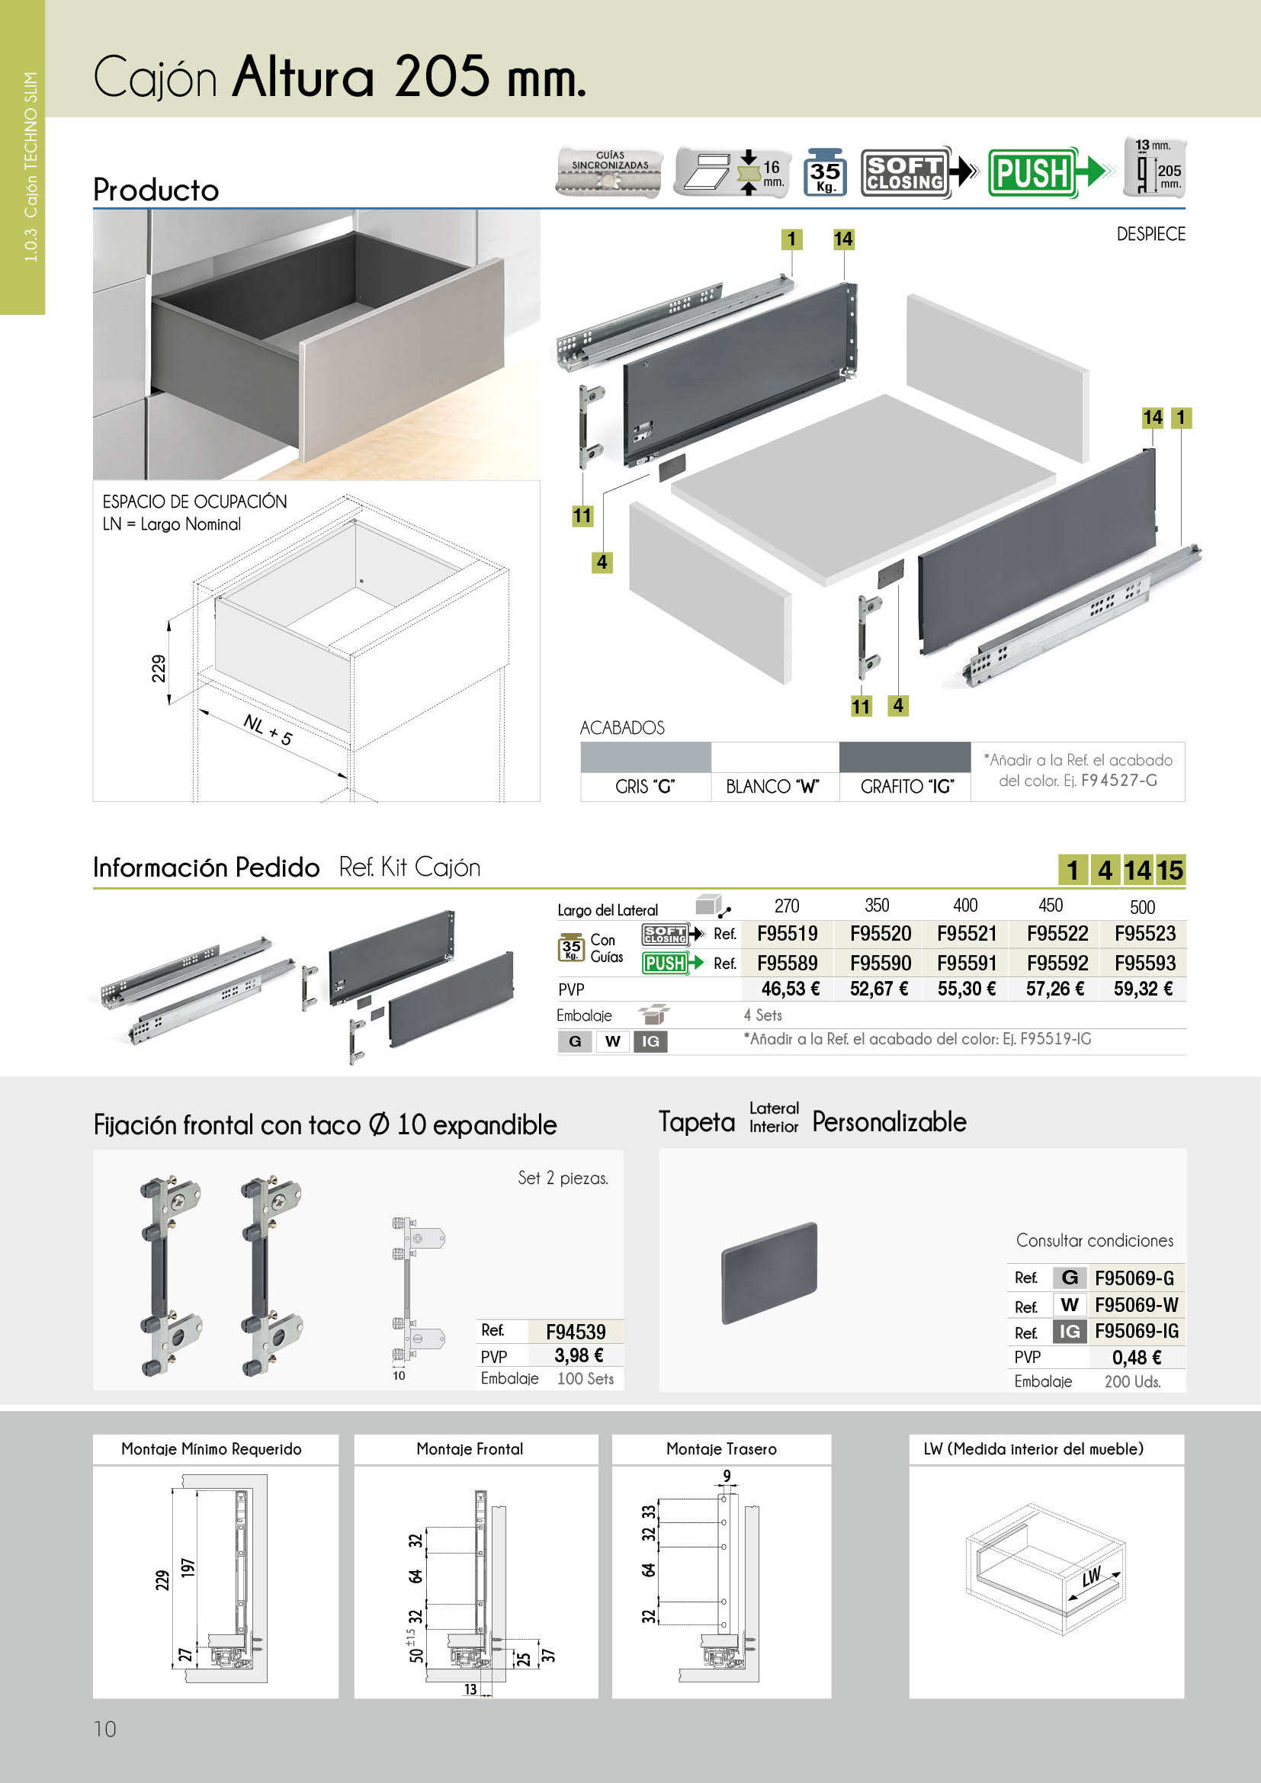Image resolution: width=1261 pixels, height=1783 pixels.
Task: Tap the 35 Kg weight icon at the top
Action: [825, 172]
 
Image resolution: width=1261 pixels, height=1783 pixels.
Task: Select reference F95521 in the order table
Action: [967, 934]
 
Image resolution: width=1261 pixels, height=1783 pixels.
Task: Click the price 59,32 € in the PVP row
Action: [1143, 989]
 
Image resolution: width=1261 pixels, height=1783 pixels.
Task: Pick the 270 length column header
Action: [787, 906]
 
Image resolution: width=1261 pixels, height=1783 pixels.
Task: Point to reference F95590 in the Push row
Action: [880, 963]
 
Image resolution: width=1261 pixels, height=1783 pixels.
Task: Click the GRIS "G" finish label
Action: [644, 787]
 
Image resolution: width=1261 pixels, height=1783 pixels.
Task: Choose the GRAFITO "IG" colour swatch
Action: [905, 757]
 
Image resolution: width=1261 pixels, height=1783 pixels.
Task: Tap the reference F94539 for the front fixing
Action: [576, 1332]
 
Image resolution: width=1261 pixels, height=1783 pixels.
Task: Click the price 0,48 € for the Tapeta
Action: [1137, 1358]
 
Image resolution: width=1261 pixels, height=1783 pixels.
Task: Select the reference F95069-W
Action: [1136, 1304]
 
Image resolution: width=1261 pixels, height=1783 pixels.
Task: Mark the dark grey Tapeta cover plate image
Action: [768, 1272]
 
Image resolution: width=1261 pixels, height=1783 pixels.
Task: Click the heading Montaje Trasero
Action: [720, 1449]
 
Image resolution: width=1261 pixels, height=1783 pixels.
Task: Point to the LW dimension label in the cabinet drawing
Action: [1091, 1576]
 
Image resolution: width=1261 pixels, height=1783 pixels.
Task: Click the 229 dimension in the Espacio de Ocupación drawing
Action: [159, 669]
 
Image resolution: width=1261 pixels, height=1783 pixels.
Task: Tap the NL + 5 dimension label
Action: [268, 730]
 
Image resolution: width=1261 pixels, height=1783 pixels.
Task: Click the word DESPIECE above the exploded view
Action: [1150, 235]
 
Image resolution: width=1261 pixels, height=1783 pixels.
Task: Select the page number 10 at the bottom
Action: [104, 1729]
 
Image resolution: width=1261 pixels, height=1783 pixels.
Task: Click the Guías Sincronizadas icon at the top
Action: [610, 172]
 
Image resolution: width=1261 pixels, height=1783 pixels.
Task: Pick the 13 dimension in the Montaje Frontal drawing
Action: [470, 1689]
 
